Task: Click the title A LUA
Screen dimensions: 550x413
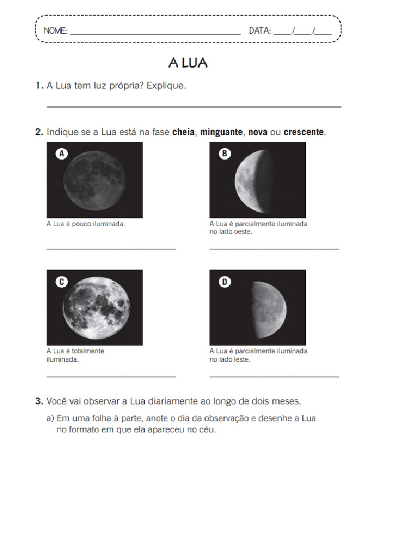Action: pyautogui.click(x=188, y=63)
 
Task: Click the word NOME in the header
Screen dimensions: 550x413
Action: pyautogui.click(x=55, y=31)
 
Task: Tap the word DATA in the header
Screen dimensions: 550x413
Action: pyautogui.click(x=260, y=31)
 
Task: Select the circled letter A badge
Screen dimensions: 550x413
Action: pyautogui.click(x=62, y=154)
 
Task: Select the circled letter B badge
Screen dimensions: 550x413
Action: pyautogui.click(x=224, y=154)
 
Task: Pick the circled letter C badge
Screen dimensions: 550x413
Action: pyautogui.click(x=62, y=281)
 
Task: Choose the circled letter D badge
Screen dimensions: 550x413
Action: pyautogui.click(x=224, y=281)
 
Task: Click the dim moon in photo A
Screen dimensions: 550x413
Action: pyautogui.click(x=95, y=180)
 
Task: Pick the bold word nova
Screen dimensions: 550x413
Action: pyautogui.click(x=258, y=132)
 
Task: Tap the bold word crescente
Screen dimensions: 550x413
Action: pyautogui.click(x=304, y=132)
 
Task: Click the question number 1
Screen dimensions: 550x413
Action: pyautogui.click(x=39, y=85)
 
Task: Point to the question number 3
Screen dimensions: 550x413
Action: pyautogui.click(x=39, y=401)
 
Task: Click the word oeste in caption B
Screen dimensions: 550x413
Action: pyautogui.click(x=243, y=232)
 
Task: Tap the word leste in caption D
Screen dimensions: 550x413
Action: pyautogui.click(x=241, y=359)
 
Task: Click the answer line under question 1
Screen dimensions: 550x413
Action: pyautogui.click(x=194, y=107)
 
